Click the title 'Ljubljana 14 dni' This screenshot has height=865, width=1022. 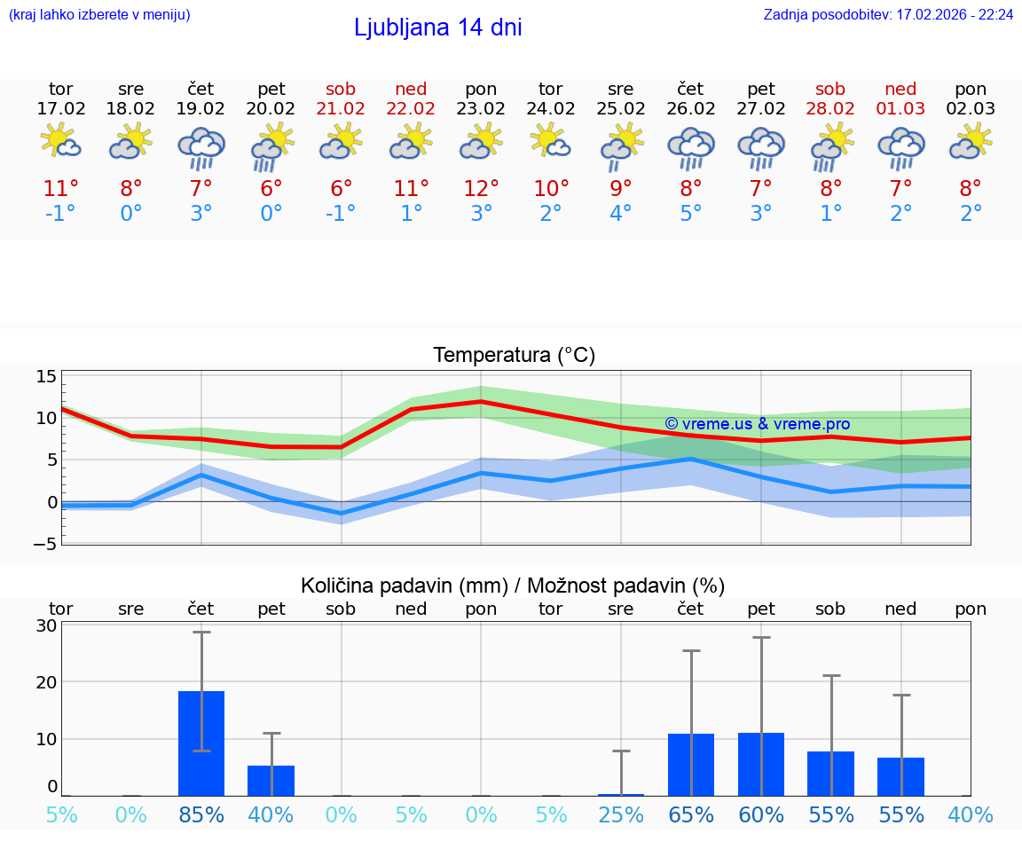[x=437, y=28]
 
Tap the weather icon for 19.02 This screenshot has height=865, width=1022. [x=201, y=146]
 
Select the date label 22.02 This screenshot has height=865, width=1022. [x=411, y=109]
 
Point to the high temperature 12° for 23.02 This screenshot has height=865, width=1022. [x=481, y=188]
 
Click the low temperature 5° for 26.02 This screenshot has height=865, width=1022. [x=691, y=214]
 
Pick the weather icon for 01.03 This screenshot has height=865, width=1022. [x=901, y=146]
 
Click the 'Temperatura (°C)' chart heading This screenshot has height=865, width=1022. [x=514, y=356]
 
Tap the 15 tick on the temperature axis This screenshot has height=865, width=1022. [x=46, y=376]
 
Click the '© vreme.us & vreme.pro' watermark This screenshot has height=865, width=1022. [x=757, y=424]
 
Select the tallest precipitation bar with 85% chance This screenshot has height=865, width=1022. [x=201, y=743]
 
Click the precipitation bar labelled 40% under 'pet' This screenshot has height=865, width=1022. [x=271, y=781]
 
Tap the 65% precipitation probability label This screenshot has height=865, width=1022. [x=691, y=814]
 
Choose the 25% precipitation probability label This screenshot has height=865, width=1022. [x=621, y=814]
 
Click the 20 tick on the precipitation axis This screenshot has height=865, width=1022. [x=46, y=682]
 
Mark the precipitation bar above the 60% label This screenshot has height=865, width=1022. [x=761, y=764]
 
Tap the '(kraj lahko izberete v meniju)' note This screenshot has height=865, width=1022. [x=99, y=14]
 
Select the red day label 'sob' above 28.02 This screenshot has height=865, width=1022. [x=831, y=89]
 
